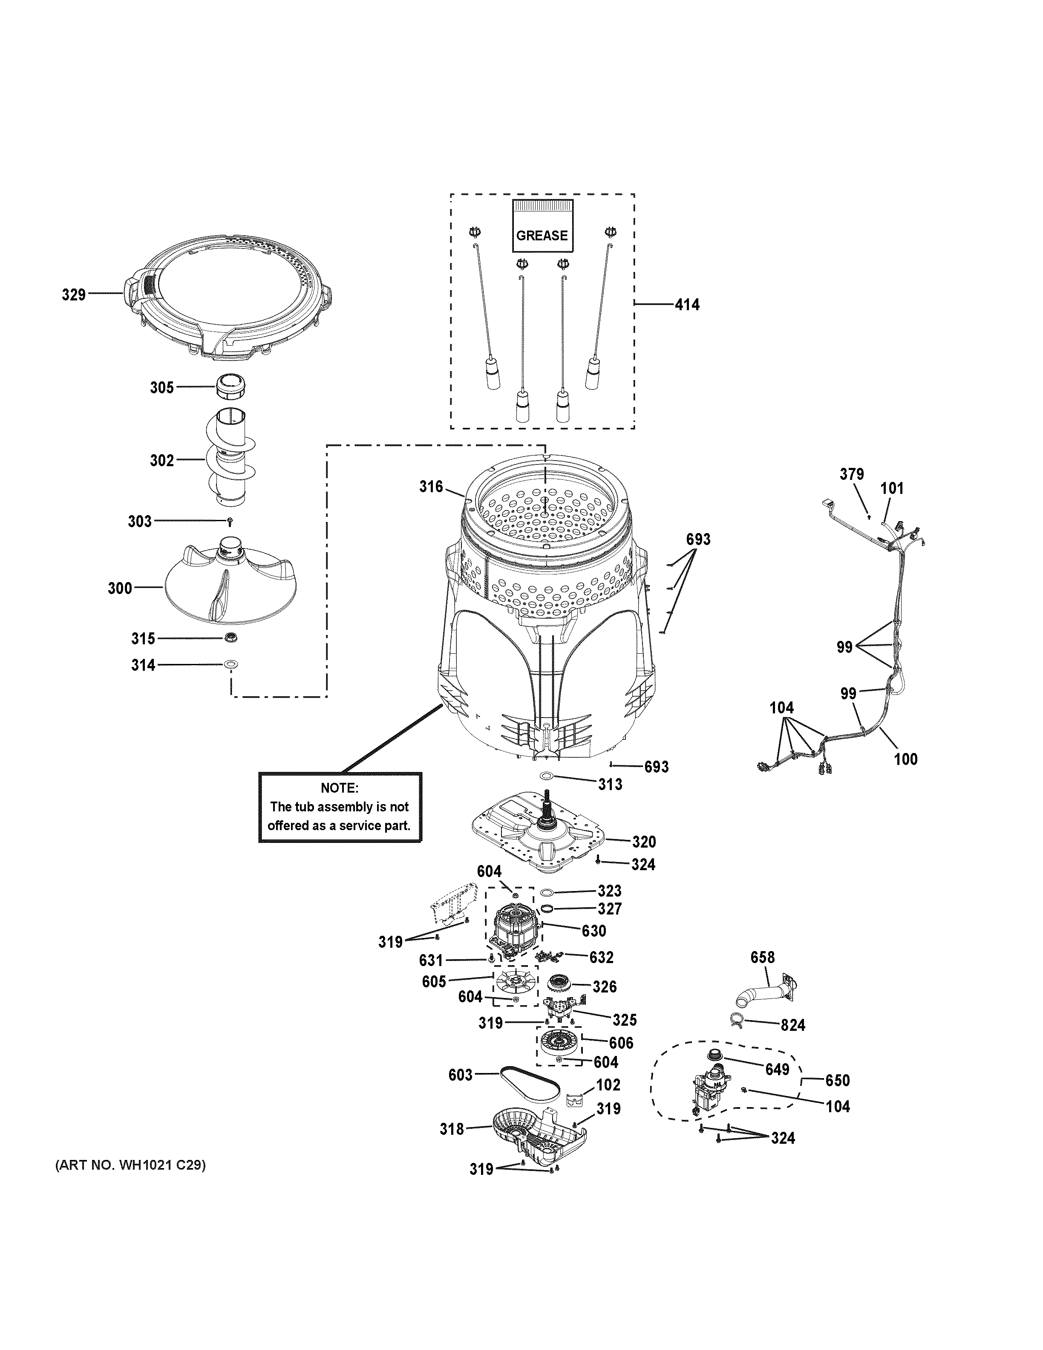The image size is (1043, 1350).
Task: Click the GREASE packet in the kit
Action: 542,226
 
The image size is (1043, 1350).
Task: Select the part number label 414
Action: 687,304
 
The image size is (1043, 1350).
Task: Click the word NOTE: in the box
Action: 339,788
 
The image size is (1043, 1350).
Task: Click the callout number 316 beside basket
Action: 431,487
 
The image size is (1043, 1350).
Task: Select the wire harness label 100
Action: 905,759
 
